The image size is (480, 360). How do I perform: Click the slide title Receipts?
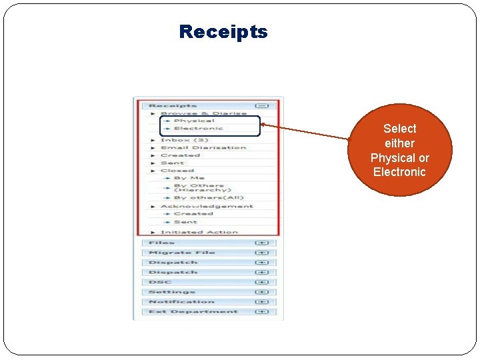[223, 31]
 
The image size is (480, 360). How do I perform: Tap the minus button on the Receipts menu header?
[262, 105]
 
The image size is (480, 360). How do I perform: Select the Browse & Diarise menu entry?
[203, 113]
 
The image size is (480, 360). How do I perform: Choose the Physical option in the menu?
[194, 121]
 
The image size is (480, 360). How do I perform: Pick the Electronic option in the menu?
[198, 128]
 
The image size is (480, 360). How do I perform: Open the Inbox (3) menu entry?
[185, 140]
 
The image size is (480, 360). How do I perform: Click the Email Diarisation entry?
[203, 147]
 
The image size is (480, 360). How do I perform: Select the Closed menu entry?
[177, 171]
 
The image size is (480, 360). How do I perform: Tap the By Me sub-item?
[189, 178]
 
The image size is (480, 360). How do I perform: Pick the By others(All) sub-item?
[199, 197]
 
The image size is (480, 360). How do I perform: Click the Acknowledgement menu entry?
[207, 206]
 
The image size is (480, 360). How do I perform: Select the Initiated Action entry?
[199, 232]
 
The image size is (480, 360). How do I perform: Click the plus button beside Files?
[262, 243]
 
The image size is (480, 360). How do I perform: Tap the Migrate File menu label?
[181, 253]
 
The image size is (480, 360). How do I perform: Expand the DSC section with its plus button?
[262, 282]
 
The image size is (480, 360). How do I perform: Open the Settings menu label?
[171, 292]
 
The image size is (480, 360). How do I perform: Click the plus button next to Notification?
[262, 302]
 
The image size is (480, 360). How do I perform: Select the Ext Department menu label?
[193, 311]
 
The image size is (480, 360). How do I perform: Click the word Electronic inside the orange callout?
[399, 172]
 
